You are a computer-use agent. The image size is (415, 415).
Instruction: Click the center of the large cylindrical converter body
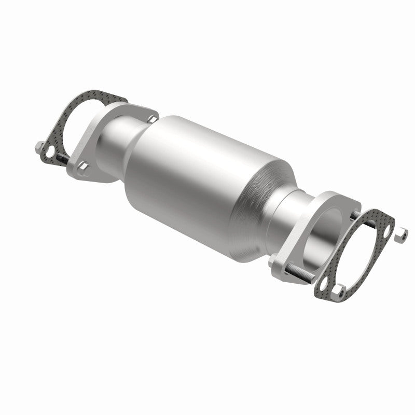[x=197, y=171]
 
